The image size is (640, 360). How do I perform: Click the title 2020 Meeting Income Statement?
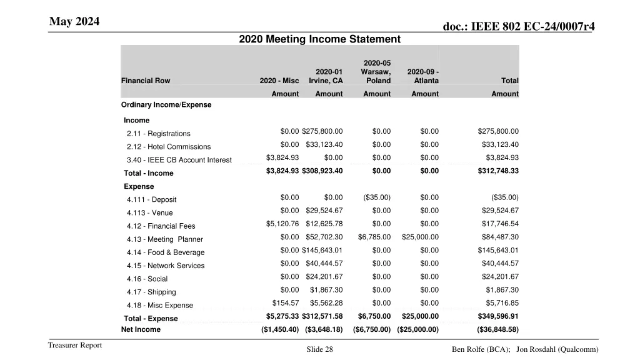point(319,39)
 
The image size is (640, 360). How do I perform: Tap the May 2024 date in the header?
point(74,22)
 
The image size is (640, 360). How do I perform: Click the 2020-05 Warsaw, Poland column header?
point(376,72)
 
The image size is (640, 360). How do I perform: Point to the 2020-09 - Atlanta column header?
point(423,76)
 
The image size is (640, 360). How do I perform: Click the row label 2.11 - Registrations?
point(158,134)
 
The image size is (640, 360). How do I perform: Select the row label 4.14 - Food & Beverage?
point(166,252)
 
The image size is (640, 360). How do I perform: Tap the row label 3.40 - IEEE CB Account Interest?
point(179,160)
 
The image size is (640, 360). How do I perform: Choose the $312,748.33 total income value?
point(498,171)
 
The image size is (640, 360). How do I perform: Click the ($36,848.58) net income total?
point(498,330)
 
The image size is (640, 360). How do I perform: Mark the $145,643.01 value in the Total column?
point(498,251)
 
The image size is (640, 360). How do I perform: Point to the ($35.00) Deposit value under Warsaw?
point(376,197)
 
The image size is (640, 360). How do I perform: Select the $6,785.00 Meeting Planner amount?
point(374,237)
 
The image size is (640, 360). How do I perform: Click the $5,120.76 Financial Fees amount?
point(282,224)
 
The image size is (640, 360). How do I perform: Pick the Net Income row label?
point(141,329)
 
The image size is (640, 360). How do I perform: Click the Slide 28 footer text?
point(319,350)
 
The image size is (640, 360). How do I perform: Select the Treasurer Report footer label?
point(75,346)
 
